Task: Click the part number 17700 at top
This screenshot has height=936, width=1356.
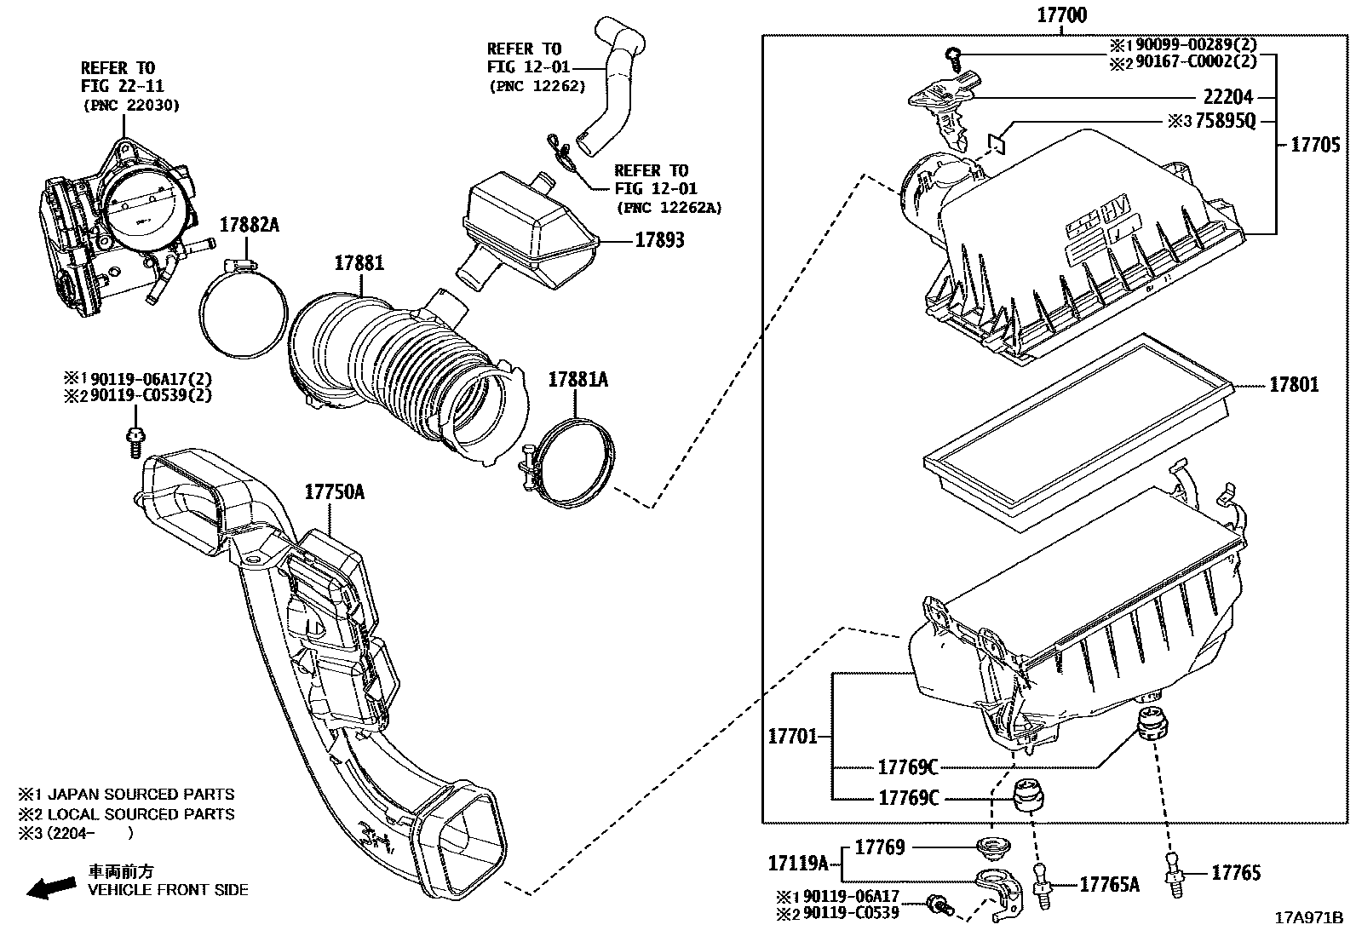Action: [1061, 14]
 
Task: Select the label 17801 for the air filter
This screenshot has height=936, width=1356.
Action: [1294, 386]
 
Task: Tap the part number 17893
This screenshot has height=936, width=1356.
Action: [659, 241]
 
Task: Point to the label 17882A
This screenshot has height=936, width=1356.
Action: [249, 225]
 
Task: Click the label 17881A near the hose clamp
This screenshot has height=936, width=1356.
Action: [577, 380]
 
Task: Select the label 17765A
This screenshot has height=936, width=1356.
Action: [1109, 885]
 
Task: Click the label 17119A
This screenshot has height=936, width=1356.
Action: [798, 864]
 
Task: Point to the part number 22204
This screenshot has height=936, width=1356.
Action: [1227, 98]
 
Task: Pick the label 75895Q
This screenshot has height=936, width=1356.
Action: [1225, 122]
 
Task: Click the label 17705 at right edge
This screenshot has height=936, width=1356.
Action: [1315, 146]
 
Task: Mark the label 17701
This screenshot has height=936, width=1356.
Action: [792, 737]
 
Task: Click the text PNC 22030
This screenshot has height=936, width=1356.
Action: [132, 105]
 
